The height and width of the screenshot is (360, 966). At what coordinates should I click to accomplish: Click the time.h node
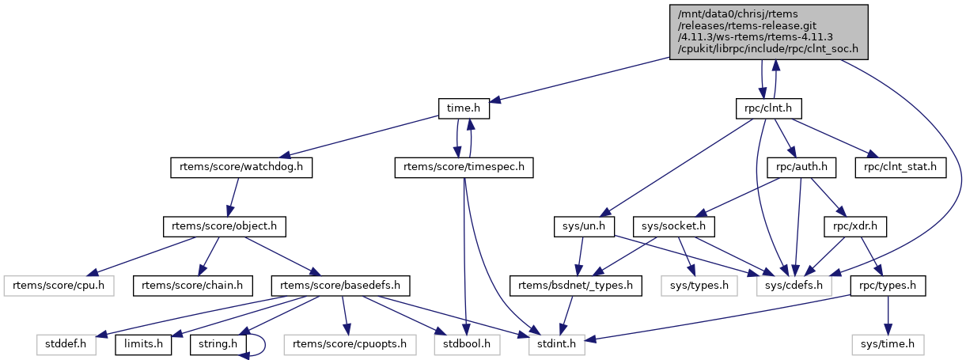click(x=464, y=108)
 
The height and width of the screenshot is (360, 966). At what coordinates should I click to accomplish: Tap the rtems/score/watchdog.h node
click(x=241, y=168)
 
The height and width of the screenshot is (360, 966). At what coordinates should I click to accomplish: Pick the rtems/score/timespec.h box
click(x=464, y=168)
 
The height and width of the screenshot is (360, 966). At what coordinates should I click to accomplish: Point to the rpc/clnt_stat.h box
click(x=900, y=168)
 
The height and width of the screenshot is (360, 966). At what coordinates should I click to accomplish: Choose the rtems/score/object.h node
click(x=224, y=227)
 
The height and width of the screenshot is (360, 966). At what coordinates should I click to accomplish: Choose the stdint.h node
click(x=551, y=345)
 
